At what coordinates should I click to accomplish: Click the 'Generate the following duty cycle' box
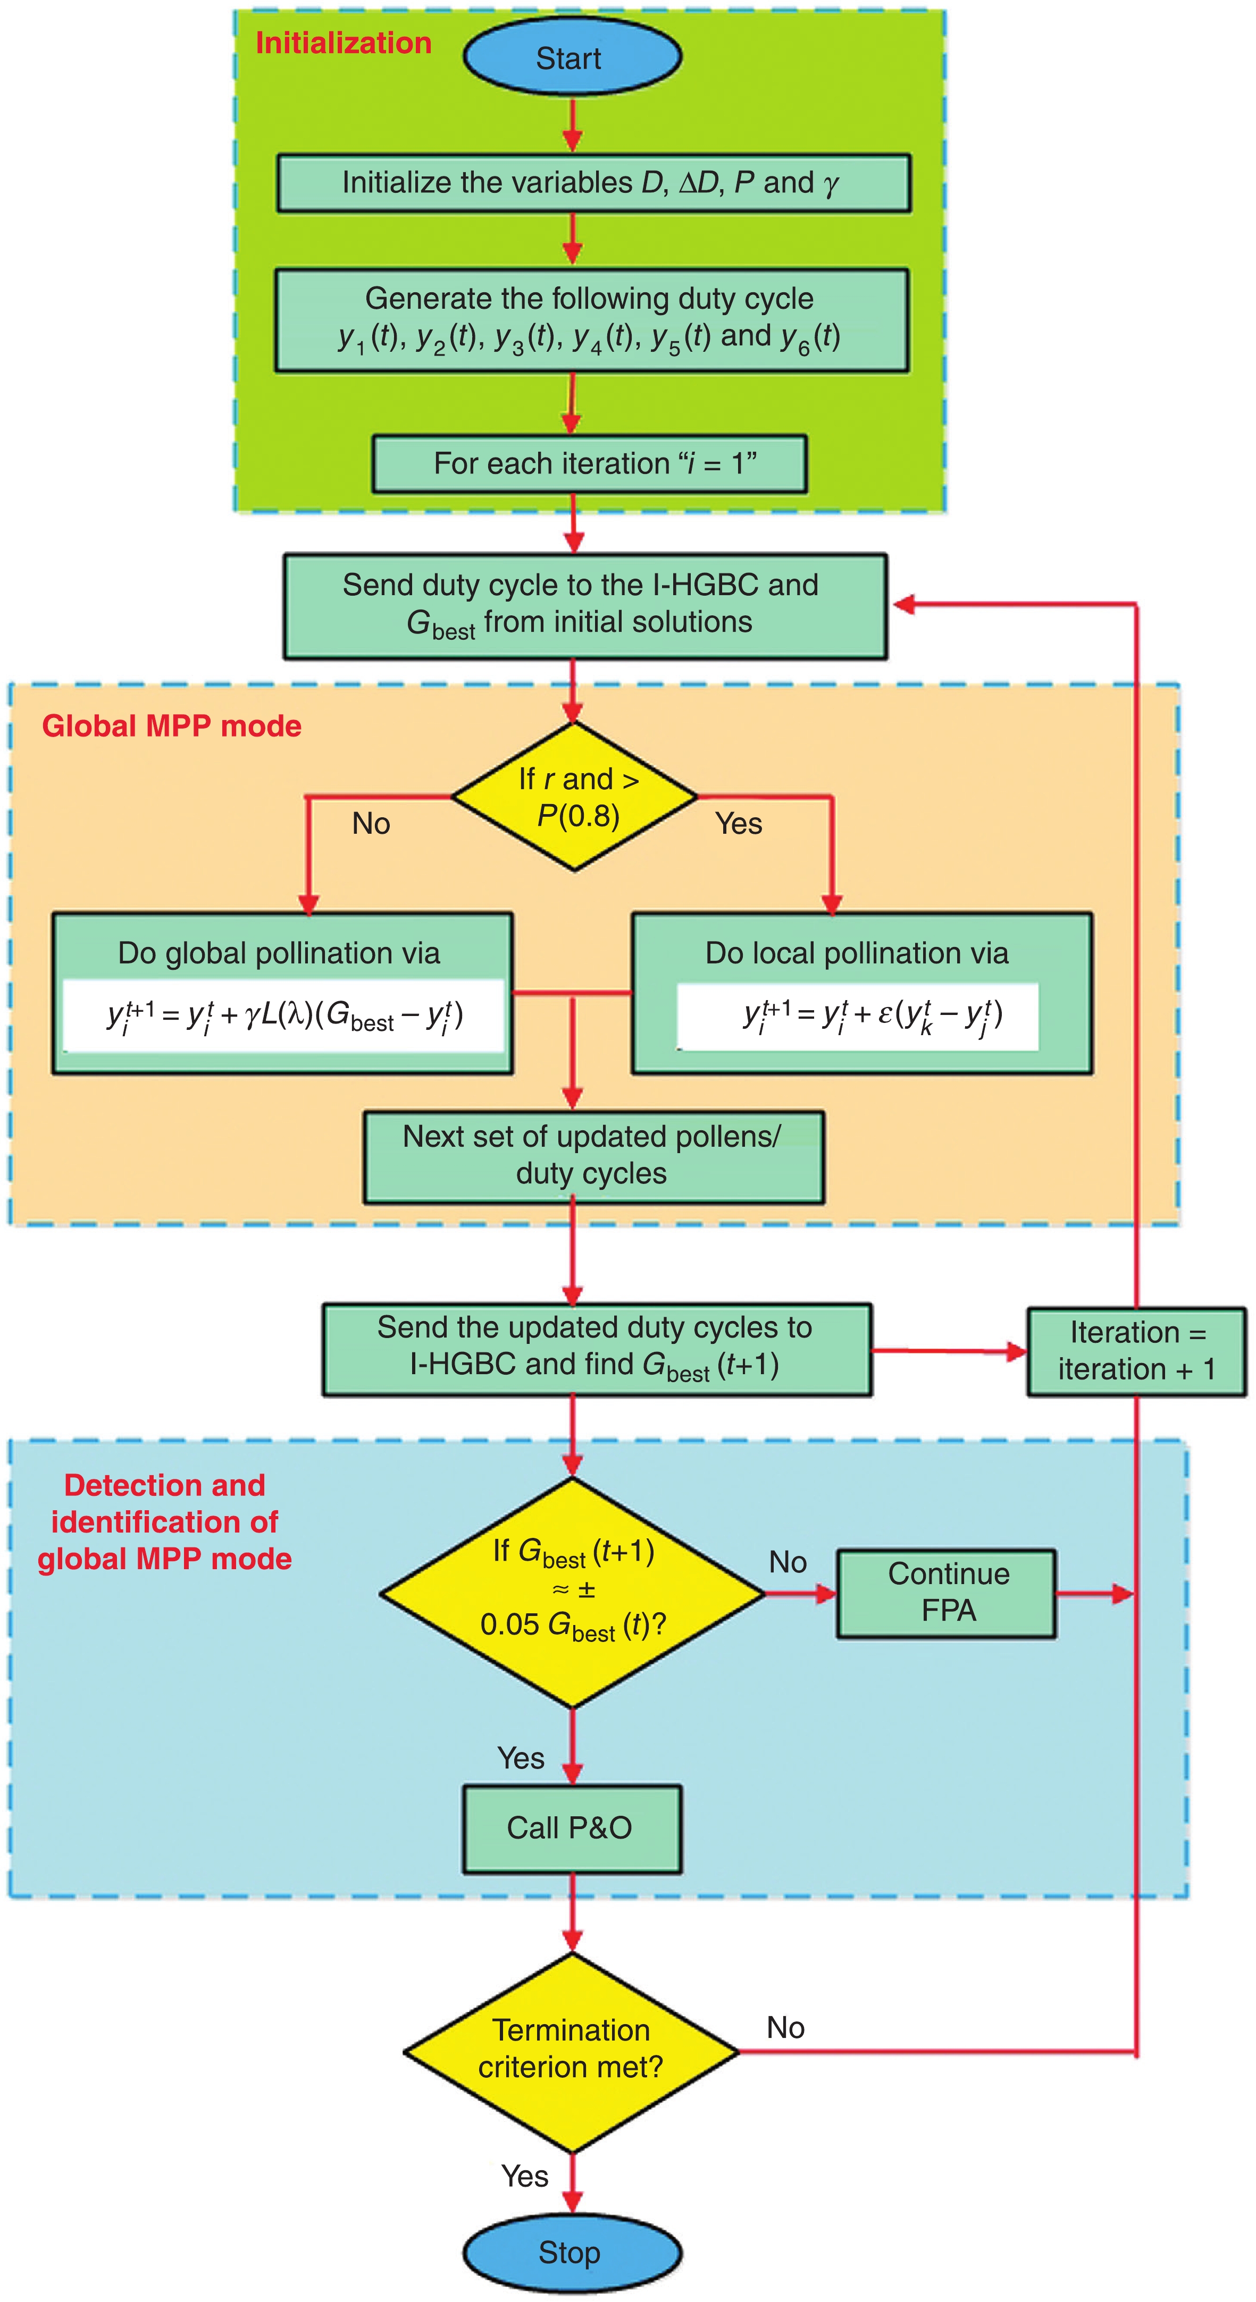[x=591, y=319]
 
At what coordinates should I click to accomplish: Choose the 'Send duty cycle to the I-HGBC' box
[x=584, y=606]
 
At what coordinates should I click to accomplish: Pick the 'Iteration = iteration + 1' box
[x=1135, y=1350]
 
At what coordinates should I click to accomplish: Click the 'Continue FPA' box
[x=947, y=1593]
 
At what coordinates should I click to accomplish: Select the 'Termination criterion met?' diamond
[x=571, y=2051]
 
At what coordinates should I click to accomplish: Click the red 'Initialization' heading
[x=344, y=43]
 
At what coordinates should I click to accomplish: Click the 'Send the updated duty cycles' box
[x=596, y=1349]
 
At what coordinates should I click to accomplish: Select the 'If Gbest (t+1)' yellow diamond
[x=572, y=1593]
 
